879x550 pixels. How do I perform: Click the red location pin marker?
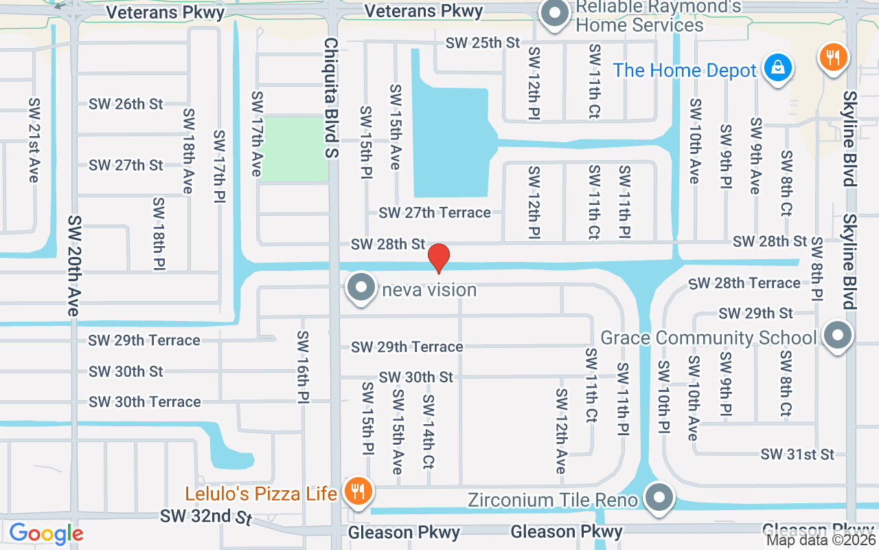coord(439,258)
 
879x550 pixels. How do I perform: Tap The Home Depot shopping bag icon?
coord(778,69)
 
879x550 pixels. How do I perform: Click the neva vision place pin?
coord(362,288)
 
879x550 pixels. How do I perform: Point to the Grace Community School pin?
coord(837,336)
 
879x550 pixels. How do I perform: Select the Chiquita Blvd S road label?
coord(331,98)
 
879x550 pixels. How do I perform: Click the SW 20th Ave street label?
coord(73,265)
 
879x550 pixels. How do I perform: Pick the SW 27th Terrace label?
coord(435,212)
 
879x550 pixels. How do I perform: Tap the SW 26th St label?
coord(126,104)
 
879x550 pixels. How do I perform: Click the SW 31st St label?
coord(797,454)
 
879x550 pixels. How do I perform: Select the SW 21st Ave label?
coord(34,140)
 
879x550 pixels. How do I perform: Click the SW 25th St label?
coord(483,43)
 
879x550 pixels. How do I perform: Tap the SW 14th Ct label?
coord(429,432)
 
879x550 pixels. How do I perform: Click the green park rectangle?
coord(296,149)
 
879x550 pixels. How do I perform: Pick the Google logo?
coord(46,533)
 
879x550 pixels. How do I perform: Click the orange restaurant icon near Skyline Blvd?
coord(834,58)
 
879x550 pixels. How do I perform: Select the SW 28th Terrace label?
coord(744,283)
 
